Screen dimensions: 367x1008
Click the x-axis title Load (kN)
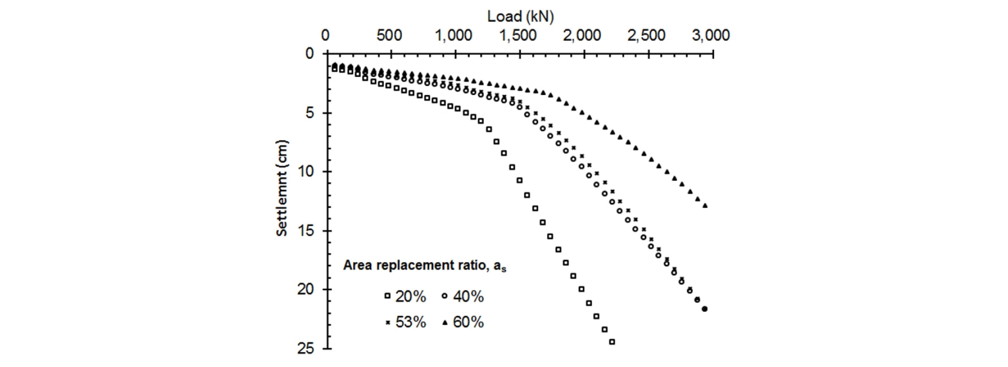coord(520,17)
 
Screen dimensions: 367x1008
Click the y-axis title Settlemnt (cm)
coord(282,188)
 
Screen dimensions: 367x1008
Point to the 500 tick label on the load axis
coord(389,36)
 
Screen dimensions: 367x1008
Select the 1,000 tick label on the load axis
coord(453,36)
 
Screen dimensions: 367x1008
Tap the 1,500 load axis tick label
coord(518,36)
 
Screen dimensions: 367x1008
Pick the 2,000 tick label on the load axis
coord(582,36)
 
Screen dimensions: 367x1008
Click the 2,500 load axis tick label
coord(646,36)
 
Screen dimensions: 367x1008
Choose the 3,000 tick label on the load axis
coord(710,36)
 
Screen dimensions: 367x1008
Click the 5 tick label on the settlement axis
coord(310,113)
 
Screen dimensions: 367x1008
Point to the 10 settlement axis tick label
coord(306,171)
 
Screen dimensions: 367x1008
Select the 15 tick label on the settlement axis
coord(306,231)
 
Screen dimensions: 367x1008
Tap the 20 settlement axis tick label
coord(306,289)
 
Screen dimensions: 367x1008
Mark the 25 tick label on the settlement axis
coord(306,348)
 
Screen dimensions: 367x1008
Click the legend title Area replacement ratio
coord(425,265)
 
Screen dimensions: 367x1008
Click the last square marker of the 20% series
coord(612,342)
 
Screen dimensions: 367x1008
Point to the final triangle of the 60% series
coord(705,205)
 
